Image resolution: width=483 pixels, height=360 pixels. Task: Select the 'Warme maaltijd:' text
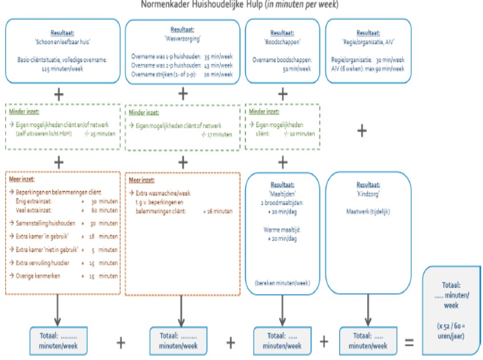pyautogui.click(x=282, y=230)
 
